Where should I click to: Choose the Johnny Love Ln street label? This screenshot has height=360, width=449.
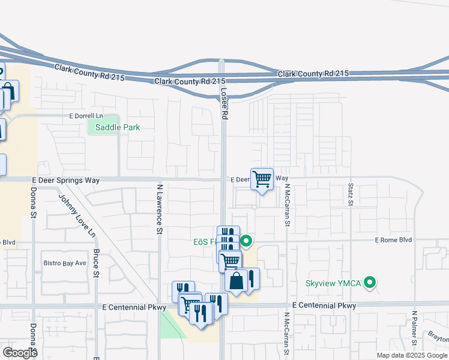76,214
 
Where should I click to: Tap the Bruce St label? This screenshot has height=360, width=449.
96,265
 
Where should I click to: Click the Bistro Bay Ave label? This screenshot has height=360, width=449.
65,263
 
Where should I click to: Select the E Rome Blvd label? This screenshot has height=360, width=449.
393,240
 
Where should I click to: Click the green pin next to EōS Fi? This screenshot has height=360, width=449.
246,242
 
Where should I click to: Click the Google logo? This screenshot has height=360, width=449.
20,353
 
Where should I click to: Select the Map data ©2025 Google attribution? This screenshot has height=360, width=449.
411,355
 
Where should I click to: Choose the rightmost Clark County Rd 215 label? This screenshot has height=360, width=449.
313,73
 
